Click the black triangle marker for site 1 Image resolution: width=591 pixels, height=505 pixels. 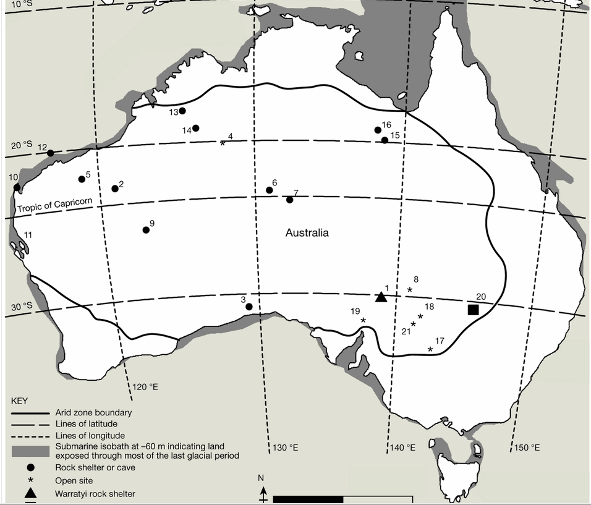381,297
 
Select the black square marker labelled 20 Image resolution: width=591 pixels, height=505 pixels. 474,310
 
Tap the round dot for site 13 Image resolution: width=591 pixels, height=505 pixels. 182,111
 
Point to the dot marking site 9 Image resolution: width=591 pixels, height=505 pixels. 146,230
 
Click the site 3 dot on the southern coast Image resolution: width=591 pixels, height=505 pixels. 249,307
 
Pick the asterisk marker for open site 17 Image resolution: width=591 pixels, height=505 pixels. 430,350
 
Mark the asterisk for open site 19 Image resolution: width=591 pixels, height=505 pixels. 364,320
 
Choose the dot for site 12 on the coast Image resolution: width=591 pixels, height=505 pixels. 50,153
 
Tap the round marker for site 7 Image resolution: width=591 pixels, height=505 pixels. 289,200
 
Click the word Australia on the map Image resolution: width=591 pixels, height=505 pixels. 307,233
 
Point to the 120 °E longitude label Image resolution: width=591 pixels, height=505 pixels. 145,387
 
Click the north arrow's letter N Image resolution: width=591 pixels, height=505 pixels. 262,477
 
